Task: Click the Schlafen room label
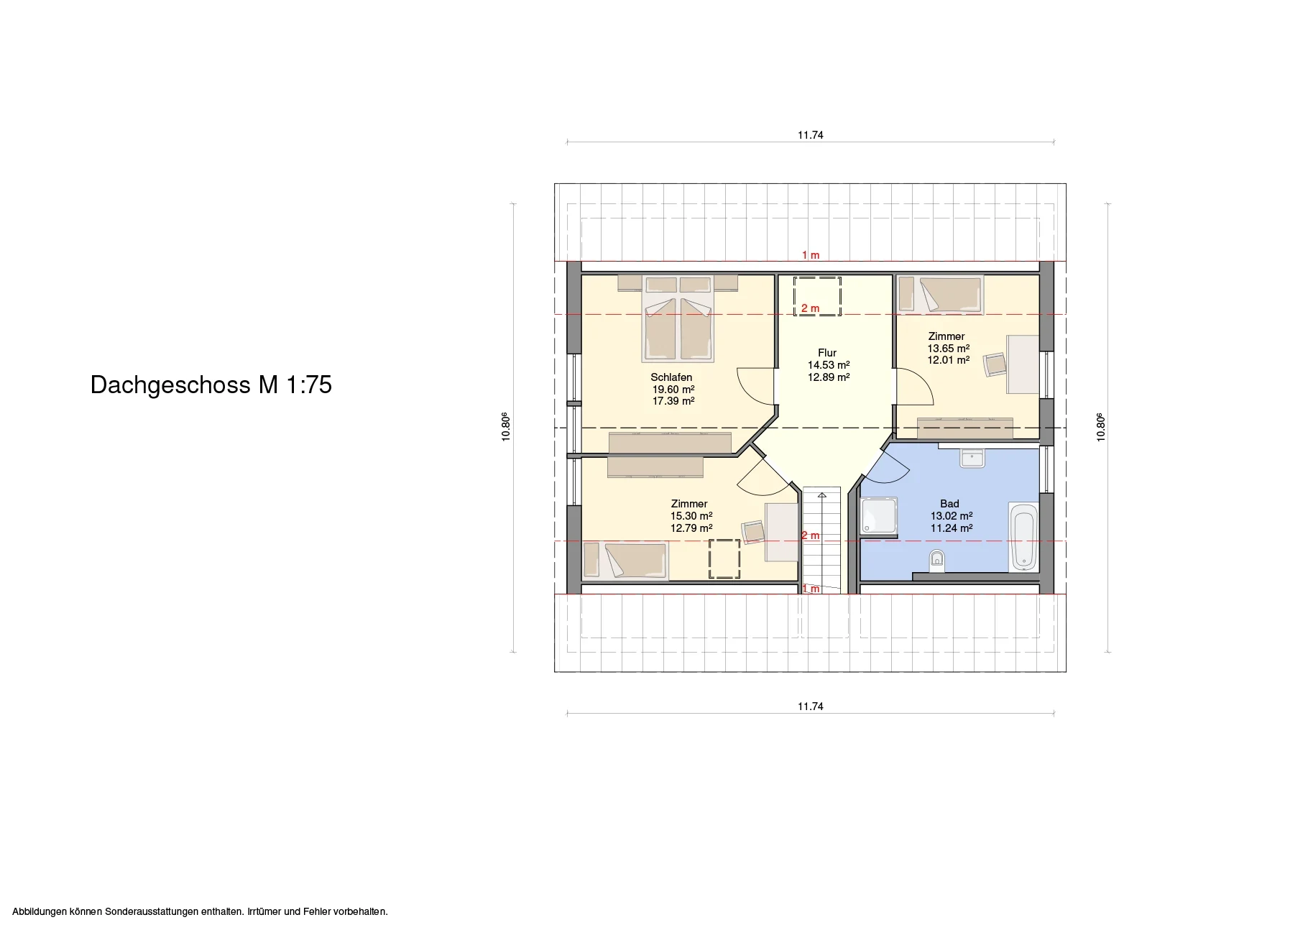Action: click(672, 377)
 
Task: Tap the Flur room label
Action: click(827, 353)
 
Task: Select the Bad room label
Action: click(949, 504)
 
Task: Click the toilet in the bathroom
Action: click(936, 561)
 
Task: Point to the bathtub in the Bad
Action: click(1023, 537)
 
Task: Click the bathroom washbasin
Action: click(973, 458)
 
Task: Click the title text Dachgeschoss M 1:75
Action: click(211, 385)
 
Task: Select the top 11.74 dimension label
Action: click(810, 135)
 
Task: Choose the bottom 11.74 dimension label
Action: click(810, 707)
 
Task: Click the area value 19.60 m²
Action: click(673, 390)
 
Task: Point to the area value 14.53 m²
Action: click(829, 365)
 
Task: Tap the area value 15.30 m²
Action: click(691, 516)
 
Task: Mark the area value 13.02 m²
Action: click(952, 516)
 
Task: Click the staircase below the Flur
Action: click(821, 540)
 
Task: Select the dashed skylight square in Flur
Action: click(817, 295)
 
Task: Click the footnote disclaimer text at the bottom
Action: click(200, 911)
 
